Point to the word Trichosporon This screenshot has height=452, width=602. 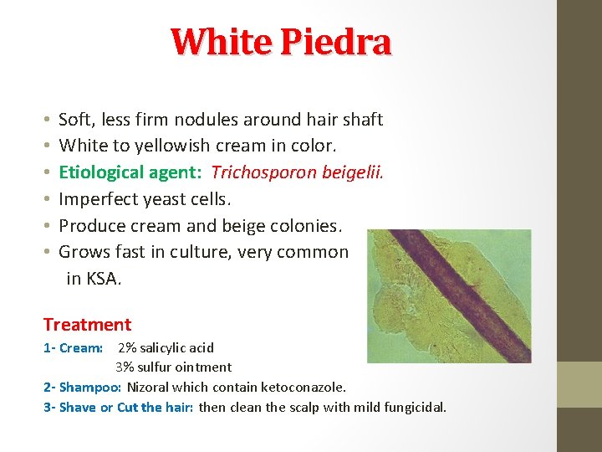click(262, 172)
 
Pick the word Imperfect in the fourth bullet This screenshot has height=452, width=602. click(95, 199)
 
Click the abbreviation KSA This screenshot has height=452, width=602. click(104, 279)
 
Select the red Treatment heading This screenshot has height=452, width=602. click(87, 324)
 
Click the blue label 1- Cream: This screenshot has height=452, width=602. click(73, 347)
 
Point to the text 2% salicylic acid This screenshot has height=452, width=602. click(166, 347)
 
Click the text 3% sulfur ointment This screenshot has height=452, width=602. click(173, 367)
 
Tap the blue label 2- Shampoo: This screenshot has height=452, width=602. click(82, 387)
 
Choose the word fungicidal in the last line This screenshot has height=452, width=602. click(415, 407)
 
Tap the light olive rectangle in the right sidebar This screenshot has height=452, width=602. click(579, 384)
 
